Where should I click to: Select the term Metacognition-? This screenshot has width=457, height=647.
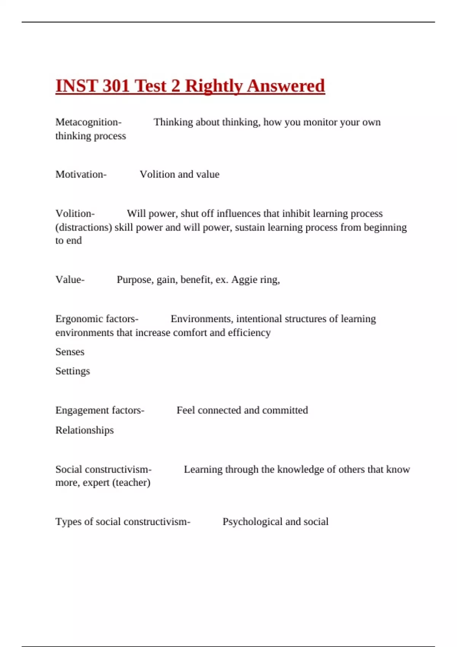click(x=88, y=122)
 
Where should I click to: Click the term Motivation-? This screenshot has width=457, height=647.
click(x=81, y=174)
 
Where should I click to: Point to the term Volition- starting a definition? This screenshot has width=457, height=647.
click(x=75, y=214)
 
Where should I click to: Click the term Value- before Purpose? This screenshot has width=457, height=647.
click(x=70, y=280)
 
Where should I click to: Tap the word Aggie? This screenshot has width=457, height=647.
click(x=244, y=280)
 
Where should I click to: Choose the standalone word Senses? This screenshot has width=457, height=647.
click(x=70, y=352)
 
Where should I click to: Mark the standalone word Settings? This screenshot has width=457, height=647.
click(x=73, y=371)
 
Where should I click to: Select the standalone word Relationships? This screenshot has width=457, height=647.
click(x=85, y=430)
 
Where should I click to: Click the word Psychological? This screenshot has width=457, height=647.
click(x=252, y=521)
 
